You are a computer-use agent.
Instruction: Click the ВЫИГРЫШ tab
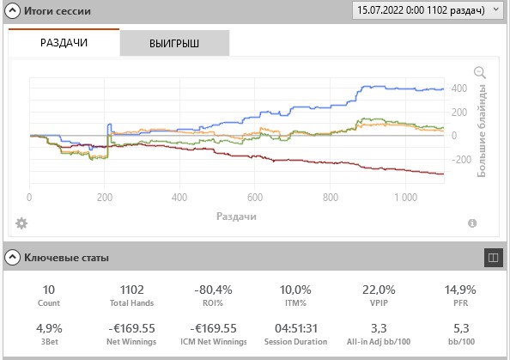(x=174, y=43)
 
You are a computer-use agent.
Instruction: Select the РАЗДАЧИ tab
(x=64, y=43)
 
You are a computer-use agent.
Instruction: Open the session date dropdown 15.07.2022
(x=428, y=10)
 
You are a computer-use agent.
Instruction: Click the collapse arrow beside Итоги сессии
(x=12, y=11)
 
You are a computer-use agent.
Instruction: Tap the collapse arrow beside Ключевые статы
(x=12, y=258)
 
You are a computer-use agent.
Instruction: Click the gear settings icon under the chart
(x=21, y=223)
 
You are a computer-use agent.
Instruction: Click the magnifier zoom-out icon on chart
(x=480, y=72)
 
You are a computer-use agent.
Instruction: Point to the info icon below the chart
(x=472, y=223)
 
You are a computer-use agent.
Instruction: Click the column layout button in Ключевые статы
(x=494, y=258)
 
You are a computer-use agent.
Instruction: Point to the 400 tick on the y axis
(x=459, y=88)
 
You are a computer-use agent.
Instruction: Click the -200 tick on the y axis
(x=462, y=160)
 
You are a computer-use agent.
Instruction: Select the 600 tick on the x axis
(x=255, y=198)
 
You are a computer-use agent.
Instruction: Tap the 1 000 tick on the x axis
(x=405, y=198)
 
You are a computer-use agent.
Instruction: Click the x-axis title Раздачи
(x=236, y=217)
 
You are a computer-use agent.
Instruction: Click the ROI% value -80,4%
(x=213, y=290)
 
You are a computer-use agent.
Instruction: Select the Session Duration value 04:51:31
(x=296, y=328)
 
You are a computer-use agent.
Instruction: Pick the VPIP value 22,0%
(x=379, y=290)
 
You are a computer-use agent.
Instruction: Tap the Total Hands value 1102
(x=131, y=290)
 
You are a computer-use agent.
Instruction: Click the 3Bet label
(x=50, y=342)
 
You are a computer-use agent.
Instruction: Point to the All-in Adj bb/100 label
(x=379, y=342)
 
